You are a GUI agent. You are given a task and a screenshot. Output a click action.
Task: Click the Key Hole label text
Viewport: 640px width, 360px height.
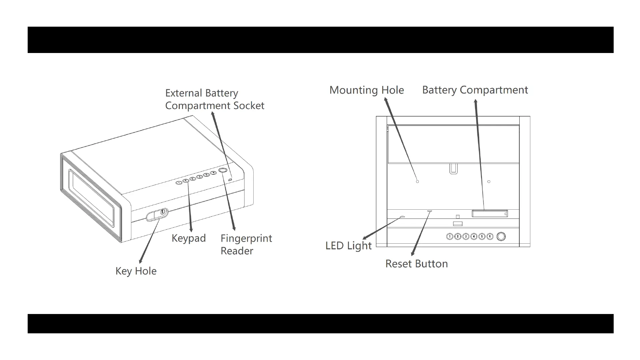click(136, 271)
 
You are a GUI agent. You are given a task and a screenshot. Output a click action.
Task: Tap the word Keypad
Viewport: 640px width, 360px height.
click(189, 238)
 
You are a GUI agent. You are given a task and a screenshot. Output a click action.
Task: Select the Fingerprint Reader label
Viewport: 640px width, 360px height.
click(246, 244)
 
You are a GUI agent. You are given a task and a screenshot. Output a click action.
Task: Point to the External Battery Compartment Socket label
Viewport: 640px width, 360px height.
click(214, 99)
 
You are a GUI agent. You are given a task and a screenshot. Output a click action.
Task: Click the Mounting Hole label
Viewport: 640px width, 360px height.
click(366, 90)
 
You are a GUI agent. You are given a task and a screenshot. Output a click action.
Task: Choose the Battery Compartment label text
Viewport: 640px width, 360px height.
click(475, 90)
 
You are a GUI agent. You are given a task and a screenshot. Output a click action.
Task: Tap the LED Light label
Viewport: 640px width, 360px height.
click(348, 246)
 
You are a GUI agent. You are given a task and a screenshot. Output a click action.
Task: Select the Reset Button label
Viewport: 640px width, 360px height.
click(416, 264)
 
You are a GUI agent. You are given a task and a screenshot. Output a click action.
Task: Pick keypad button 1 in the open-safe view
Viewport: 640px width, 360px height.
click(450, 237)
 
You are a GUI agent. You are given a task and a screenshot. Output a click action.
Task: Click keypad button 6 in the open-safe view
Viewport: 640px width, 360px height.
click(490, 237)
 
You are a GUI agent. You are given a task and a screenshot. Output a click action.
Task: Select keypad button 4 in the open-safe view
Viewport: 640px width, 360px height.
click(474, 237)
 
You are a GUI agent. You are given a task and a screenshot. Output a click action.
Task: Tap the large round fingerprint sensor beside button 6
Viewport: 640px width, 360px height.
click(501, 237)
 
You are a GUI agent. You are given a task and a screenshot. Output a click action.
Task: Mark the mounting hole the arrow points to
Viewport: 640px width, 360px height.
click(417, 182)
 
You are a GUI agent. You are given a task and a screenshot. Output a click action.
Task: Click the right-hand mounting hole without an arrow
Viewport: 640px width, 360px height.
click(489, 182)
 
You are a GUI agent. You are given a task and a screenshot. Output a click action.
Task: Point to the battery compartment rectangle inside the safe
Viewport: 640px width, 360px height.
click(489, 213)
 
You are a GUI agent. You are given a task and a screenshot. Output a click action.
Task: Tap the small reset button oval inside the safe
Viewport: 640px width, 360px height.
click(430, 211)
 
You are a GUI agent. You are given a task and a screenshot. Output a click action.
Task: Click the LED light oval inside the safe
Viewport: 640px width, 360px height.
click(402, 217)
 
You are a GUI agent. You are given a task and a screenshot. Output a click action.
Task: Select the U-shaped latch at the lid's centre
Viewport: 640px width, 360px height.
click(453, 168)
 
